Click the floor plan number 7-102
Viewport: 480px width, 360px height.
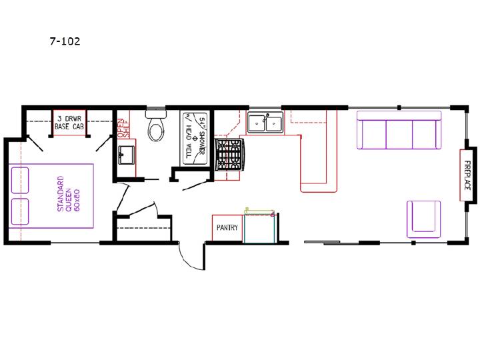pos(65,41)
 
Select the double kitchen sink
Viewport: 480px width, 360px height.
pos(265,123)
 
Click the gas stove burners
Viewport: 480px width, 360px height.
pos(229,154)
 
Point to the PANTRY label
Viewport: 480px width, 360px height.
pos(227,227)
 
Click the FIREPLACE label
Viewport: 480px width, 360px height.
pos(467,175)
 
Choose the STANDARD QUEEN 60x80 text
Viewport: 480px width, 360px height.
pos(69,194)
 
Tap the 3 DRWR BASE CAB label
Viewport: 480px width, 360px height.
pos(69,123)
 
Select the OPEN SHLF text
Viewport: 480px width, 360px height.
pos(124,127)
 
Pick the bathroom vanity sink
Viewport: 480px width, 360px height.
pos(127,155)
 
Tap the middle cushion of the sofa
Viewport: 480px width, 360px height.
pos(399,133)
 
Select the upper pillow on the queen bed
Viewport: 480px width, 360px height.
pos(20,180)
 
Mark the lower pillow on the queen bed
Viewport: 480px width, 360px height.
pos(20,211)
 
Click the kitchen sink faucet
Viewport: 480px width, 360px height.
pos(266,117)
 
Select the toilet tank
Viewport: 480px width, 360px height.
pos(156,114)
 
